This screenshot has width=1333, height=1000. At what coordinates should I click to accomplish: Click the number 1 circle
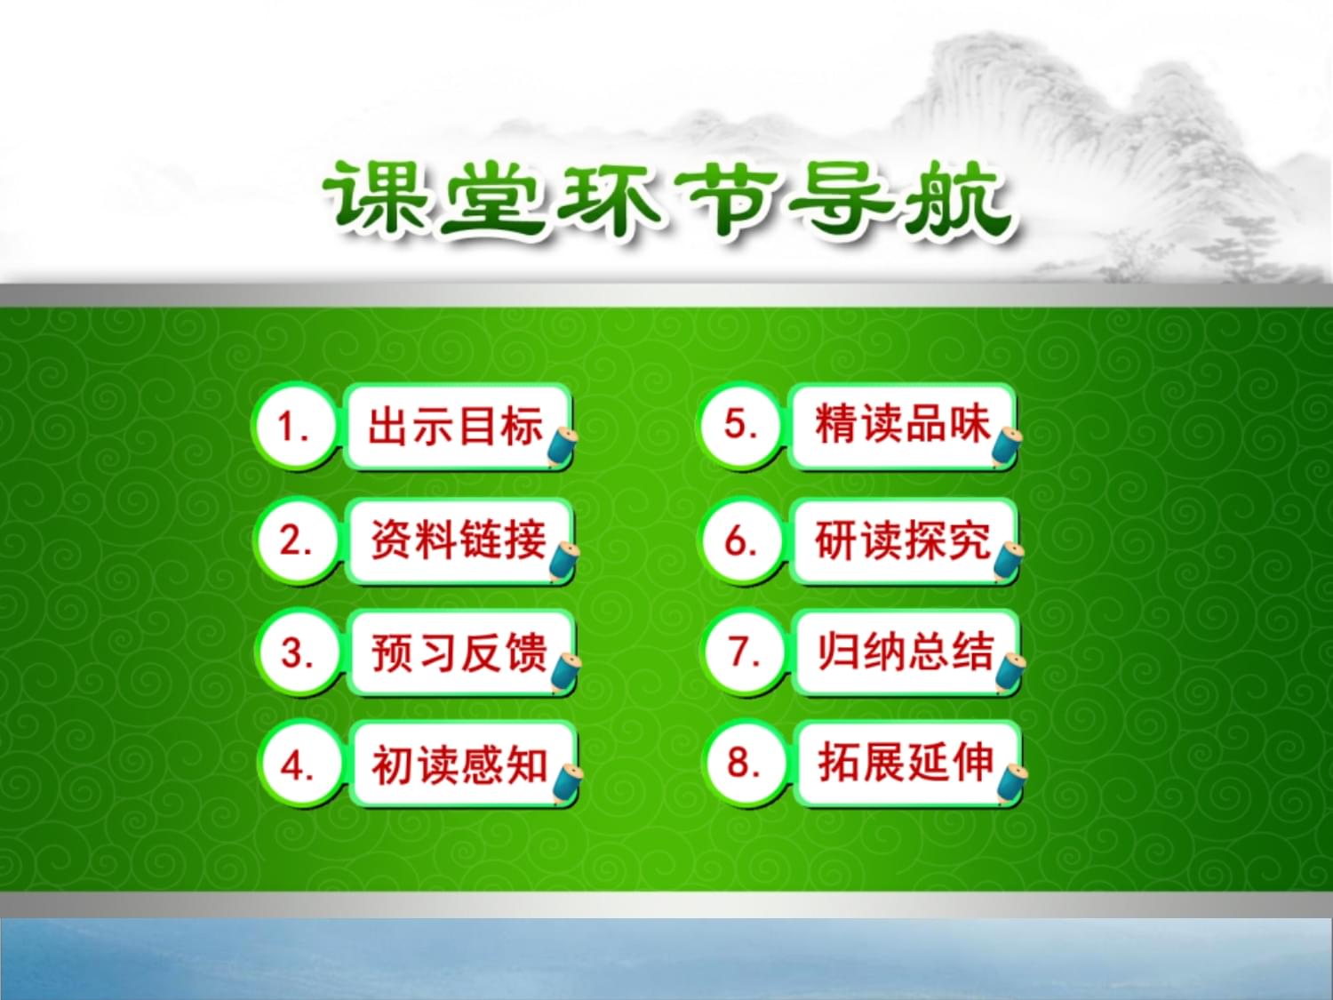[295, 426]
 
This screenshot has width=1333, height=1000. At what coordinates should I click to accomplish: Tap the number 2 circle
[297, 540]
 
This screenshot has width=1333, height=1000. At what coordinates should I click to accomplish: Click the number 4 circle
[299, 764]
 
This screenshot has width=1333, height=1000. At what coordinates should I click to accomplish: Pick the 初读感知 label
[462, 764]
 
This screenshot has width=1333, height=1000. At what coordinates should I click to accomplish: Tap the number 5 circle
[740, 424]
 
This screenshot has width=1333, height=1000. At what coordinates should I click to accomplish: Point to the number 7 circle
[745, 652]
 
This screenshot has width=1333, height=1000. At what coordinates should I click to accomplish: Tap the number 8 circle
[746, 763]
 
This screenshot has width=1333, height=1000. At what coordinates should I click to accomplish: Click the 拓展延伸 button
[907, 763]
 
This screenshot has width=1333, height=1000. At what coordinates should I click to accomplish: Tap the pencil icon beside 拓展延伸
[1011, 785]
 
